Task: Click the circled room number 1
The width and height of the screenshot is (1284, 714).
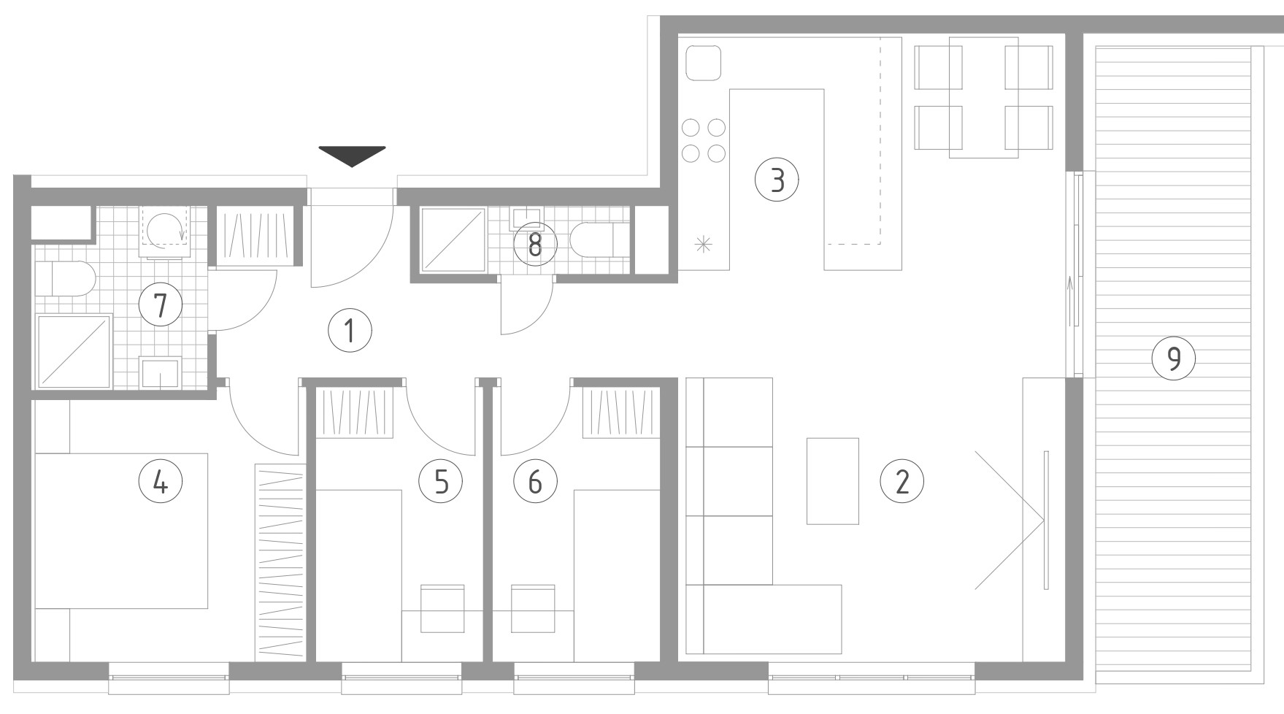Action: [x=350, y=331]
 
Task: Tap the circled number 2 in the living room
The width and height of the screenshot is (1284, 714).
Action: [x=902, y=482]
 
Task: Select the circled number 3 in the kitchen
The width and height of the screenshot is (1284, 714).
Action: [x=777, y=179]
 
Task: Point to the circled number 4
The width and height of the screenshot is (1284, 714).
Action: [x=161, y=482]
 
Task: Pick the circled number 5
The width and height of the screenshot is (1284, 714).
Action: [x=441, y=482]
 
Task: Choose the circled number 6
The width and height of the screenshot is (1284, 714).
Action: [x=535, y=482]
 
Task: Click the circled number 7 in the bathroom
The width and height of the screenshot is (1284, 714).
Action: [x=161, y=304]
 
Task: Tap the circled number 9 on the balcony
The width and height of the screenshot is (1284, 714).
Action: [x=1174, y=358]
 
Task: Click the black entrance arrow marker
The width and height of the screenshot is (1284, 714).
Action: [x=352, y=156]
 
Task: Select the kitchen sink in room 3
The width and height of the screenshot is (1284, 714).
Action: [x=704, y=63]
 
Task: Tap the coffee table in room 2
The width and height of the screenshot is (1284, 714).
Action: [x=832, y=481]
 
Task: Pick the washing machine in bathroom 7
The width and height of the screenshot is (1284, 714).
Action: [x=166, y=231]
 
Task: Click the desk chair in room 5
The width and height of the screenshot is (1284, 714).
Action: [x=443, y=608]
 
